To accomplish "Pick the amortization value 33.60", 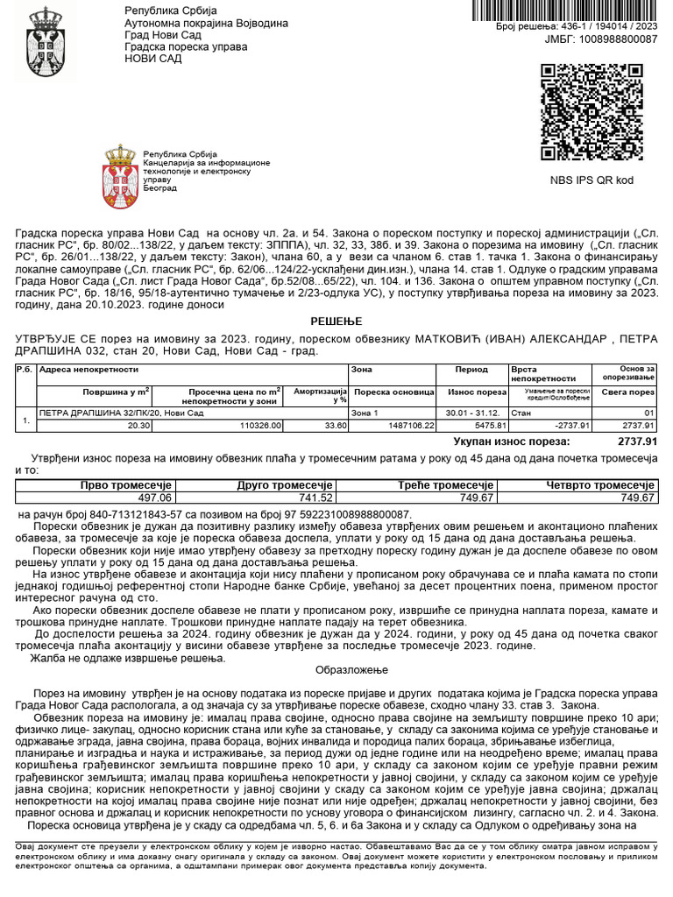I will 335,425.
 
